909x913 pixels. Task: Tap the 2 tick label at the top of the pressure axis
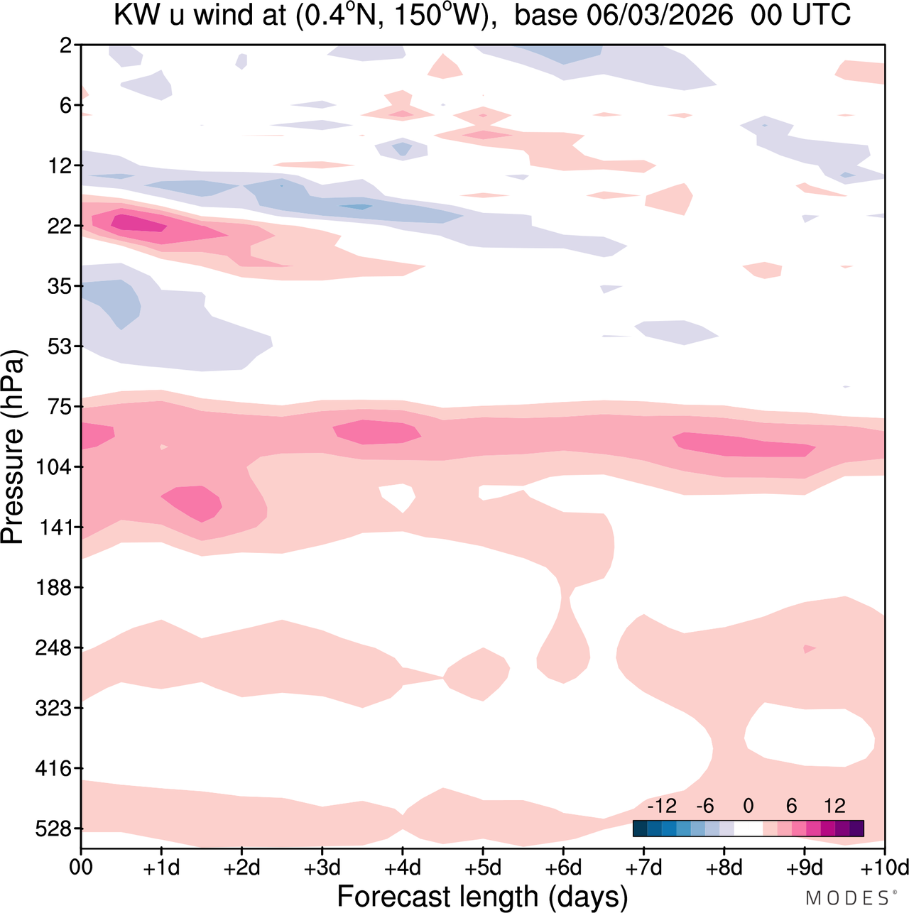pyautogui.click(x=66, y=45)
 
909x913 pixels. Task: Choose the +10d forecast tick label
pyautogui.click(x=885, y=868)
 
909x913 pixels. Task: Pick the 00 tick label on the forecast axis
pyautogui.click(x=81, y=868)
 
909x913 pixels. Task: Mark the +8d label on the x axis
pyautogui.click(x=724, y=868)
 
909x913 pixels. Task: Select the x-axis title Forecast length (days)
pyautogui.click(x=482, y=896)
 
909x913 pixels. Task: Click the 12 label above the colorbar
pyautogui.click(x=835, y=806)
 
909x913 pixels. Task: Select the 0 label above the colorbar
pyautogui.click(x=748, y=806)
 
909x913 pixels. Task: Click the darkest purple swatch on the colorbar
pyautogui.click(x=856, y=828)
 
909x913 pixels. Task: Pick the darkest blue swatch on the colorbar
pyautogui.click(x=640, y=828)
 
